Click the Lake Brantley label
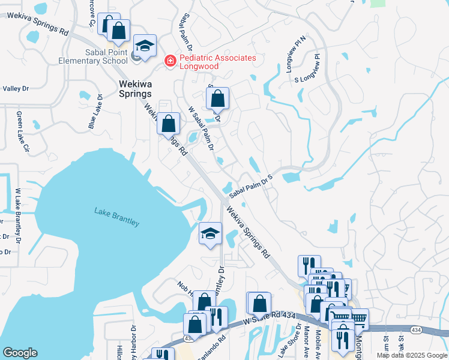[116, 217]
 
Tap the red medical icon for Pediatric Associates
[170, 60]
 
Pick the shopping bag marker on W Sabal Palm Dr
[217, 98]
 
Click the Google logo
[20, 353]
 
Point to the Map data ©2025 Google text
[412, 355]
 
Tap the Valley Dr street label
[16, 89]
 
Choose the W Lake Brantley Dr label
[18, 204]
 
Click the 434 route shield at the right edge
[415, 330]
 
